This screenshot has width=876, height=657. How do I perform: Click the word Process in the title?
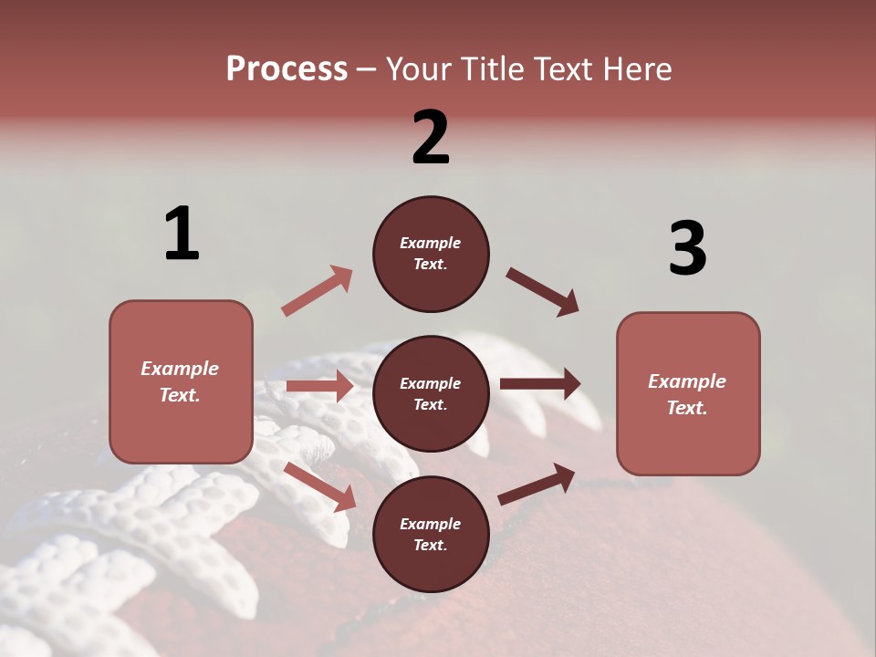[287, 69]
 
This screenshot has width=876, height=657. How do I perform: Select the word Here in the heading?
[635, 69]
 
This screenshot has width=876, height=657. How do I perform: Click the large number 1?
[182, 235]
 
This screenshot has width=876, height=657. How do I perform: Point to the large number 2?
[431, 138]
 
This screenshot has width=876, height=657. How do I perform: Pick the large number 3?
[687, 248]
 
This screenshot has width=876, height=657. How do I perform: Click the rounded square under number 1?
[181, 381]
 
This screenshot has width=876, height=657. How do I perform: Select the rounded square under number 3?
[688, 394]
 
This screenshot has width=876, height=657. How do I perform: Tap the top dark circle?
[431, 254]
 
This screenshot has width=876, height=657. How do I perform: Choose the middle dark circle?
[431, 393]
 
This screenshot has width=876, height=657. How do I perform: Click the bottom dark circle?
[431, 534]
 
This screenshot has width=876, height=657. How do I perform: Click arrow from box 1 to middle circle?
[319, 386]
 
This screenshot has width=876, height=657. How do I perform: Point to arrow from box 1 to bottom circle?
[320, 486]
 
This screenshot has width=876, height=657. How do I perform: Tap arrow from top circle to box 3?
[542, 292]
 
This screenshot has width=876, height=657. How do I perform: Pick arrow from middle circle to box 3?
[540, 384]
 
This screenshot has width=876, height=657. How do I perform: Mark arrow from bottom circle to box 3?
[537, 484]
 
